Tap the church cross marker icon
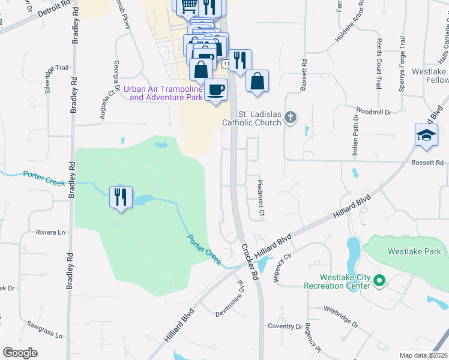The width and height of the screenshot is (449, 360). point(291,116)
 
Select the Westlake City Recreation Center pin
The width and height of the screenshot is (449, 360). point(379,280)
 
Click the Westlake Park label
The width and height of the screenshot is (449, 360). point(414,251)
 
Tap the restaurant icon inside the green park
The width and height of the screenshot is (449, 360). point(121,196)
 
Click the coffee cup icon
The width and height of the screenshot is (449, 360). point(215,91)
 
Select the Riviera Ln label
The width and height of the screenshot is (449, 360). point(50,232)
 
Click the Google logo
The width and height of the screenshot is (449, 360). point(20,352)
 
